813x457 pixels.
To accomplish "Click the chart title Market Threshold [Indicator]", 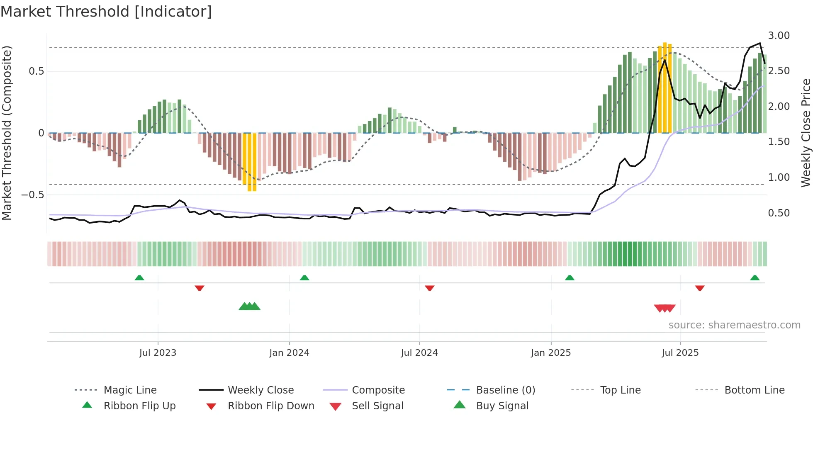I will coord(106,12).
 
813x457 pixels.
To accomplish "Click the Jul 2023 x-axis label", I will coord(158,353).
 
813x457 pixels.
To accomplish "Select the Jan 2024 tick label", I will coord(289,353).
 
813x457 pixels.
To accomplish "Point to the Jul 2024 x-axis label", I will coord(419,353).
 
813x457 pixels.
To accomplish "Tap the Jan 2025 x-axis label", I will coord(550,353).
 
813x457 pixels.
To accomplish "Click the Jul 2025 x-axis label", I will coord(680,353).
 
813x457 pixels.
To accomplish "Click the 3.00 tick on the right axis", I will coord(779,36).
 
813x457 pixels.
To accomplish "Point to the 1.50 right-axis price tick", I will coord(779,142).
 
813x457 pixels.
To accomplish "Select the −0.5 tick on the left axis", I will coord(32,195).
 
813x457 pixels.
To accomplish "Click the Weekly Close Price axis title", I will coord(806,133).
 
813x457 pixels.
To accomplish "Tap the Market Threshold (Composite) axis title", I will coord(7,133).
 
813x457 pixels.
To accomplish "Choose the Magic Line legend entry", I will coord(130,390).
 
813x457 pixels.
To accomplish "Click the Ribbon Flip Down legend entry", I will coord(271,406).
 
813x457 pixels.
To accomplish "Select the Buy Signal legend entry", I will coord(502,406).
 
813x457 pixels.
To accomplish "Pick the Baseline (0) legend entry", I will coord(505,390).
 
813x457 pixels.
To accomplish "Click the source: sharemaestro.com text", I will coord(734,325).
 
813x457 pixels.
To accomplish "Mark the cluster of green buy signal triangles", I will coord(249,306).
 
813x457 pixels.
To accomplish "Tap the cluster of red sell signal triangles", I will coord(665,308).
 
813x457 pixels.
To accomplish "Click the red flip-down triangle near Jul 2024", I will coord(429,288).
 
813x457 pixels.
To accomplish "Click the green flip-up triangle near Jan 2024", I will coord(304,278).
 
